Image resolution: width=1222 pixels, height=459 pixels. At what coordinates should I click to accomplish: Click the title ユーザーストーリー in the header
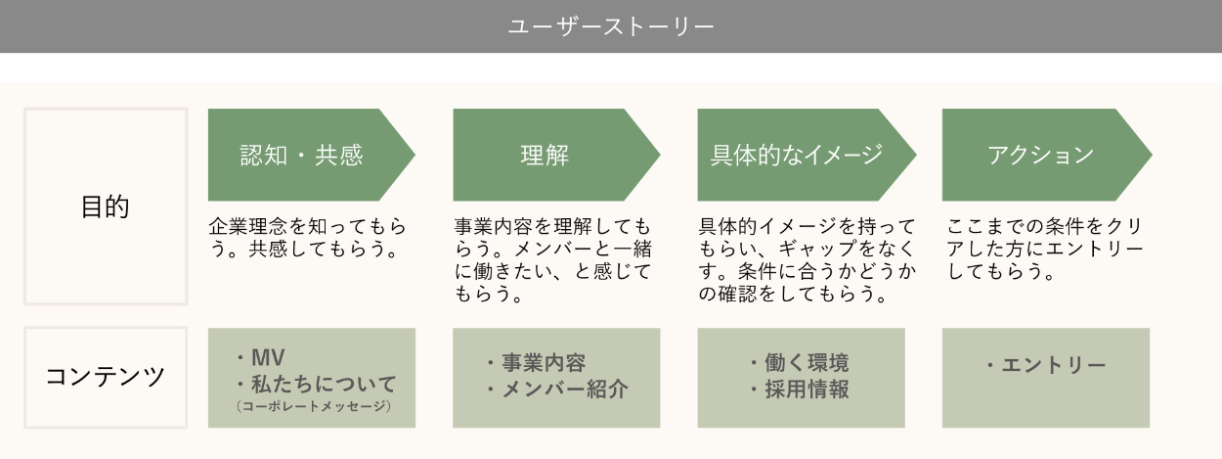[611, 26]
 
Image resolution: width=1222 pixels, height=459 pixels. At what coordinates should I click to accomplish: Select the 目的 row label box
[105, 207]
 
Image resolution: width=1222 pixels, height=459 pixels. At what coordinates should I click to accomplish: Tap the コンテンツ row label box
[105, 377]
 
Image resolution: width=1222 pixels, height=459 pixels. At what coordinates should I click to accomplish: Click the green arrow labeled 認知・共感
[303, 155]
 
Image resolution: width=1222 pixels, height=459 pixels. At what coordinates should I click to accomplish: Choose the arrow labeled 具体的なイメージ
[796, 155]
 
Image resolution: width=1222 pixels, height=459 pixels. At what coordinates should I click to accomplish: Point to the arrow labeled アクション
[1040, 155]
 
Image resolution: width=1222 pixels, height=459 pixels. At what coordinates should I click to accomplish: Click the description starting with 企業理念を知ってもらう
[307, 238]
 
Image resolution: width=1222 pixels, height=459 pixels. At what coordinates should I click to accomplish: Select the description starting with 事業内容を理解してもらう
[552, 260]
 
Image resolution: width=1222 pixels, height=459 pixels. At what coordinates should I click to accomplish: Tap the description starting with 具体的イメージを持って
[807, 260]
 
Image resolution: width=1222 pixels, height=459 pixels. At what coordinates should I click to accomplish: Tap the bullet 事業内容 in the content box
[544, 364]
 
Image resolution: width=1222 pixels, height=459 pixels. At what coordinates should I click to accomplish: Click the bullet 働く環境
[807, 364]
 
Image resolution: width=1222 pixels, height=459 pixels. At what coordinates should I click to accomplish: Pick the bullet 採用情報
[807, 390]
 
